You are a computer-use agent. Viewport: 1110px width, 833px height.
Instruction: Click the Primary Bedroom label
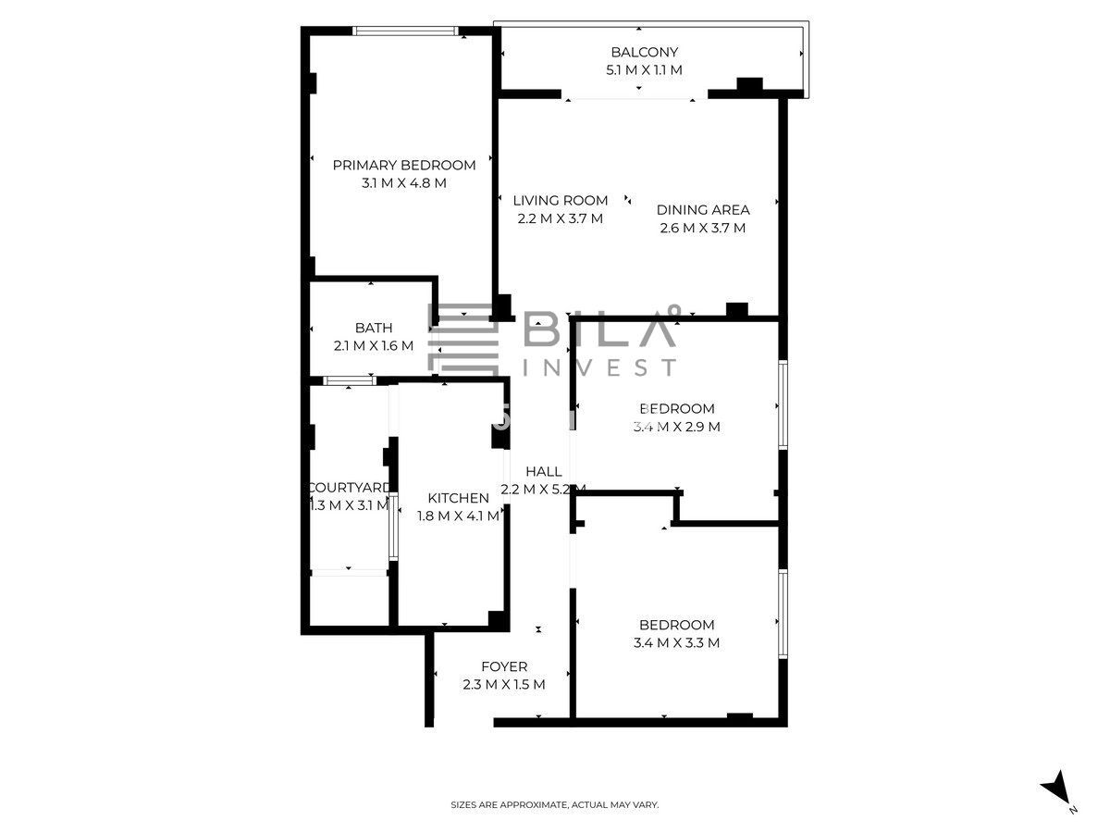pyautogui.click(x=404, y=166)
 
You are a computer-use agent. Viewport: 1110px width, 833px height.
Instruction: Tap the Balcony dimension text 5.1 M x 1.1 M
pyautogui.click(x=644, y=70)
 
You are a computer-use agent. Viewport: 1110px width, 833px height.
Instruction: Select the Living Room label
pyautogui.click(x=561, y=201)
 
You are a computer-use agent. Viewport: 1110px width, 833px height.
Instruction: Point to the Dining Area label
pyautogui.click(x=703, y=210)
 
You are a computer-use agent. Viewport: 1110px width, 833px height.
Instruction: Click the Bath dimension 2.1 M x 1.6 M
pyautogui.click(x=374, y=346)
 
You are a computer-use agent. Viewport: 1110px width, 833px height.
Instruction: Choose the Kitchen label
pyautogui.click(x=458, y=498)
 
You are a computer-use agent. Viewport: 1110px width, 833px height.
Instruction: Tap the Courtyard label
pyautogui.click(x=349, y=488)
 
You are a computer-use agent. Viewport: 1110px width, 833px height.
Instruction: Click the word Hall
pyautogui.click(x=544, y=471)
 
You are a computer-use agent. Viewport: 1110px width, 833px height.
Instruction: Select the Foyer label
pyautogui.click(x=504, y=666)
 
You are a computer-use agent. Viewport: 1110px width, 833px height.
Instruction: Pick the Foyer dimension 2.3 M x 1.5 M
pyautogui.click(x=504, y=685)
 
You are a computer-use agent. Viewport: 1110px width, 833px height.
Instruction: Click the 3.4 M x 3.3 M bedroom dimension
pyautogui.click(x=676, y=643)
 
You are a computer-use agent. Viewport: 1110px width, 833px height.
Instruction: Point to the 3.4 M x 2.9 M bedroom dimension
pyautogui.click(x=676, y=427)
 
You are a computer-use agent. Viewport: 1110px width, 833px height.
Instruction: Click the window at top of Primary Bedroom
pyautogui.click(x=405, y=31)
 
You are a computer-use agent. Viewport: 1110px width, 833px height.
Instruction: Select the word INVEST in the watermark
pyautogui.click(x=599, y=367)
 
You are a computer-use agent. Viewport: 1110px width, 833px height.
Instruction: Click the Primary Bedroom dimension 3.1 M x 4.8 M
pyautogui.click(x=404, y=183)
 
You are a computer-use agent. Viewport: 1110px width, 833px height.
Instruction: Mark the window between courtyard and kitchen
pyautogui.click(x=393, y=526)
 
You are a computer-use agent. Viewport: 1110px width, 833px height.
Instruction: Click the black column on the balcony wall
pyautogui.click(x=749, y=84)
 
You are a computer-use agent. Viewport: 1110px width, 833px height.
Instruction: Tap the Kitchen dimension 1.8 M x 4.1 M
pyautogui.click(x=458, y=516)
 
